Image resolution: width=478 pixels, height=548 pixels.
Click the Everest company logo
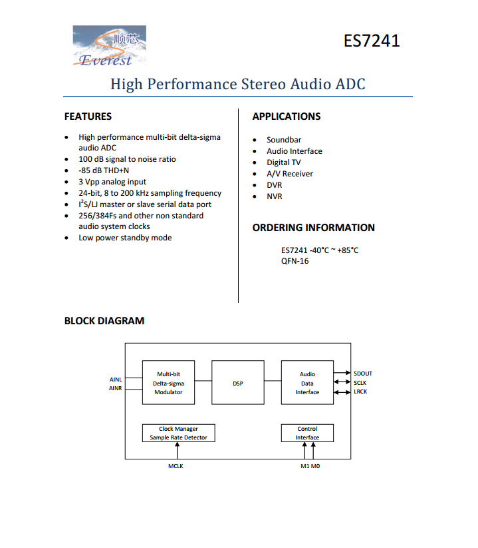click(108, 46)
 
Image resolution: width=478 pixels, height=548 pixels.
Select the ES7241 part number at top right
click(372, 41)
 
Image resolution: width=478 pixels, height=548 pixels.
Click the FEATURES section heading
click(88, 117)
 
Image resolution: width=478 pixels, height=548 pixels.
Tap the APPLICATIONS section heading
click(286, 117)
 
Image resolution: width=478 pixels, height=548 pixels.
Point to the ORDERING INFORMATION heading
click(313, 228)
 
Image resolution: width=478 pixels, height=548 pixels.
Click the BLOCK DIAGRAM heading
click(104, 321)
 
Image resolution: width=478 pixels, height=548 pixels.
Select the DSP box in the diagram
click(238, 383)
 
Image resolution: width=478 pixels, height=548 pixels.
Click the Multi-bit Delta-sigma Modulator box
click(168, 383)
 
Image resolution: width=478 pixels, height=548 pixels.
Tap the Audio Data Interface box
click(307, 383)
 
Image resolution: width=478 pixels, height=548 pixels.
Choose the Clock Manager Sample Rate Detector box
click(178, 433)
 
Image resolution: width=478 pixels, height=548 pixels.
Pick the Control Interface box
click(307, 433)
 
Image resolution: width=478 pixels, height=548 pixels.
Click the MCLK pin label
click(176, 466)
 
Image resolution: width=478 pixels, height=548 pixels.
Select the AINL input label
click(116, 380)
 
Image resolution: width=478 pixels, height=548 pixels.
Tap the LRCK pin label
click(361, 392)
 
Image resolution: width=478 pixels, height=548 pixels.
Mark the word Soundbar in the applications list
click(284, 140)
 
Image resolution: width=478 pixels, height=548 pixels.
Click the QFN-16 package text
click(295, 261)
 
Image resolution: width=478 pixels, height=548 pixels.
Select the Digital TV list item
click(283, 162)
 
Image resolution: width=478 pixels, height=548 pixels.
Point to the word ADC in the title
click(350, 85)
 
